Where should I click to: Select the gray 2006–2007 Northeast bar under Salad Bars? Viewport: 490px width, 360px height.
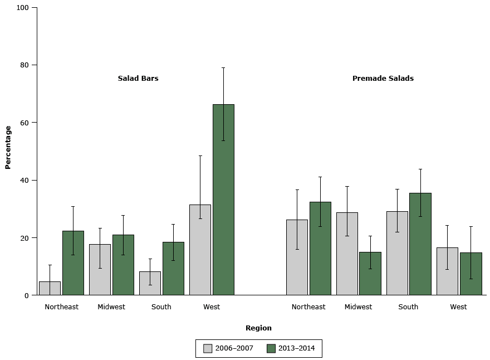[50, 288]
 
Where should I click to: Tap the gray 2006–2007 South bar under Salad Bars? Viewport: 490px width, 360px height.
[150, 283]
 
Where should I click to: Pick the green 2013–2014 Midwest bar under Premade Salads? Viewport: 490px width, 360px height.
[370, 274]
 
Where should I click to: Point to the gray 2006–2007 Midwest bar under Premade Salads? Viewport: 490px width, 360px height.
[347, 254]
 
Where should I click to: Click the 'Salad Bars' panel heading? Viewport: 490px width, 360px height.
[138, 79]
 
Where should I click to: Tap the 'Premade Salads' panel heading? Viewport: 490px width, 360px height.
[383, 79]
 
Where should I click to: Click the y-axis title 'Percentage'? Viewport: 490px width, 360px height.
[8, 147]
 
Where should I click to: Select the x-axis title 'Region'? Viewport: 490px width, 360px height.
[258, 328]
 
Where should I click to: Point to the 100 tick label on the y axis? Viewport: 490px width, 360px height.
[22, 8]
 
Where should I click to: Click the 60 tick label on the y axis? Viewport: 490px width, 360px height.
[24, 123]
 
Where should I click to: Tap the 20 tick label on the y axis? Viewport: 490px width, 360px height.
[24, 237]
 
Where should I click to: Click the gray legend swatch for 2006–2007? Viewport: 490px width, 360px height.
[208, 348]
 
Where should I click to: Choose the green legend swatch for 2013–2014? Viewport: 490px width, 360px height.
[271, 348]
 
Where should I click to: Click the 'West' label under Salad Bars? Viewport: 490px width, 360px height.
[212, 307]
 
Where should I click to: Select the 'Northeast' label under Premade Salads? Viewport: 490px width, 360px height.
[308, 307]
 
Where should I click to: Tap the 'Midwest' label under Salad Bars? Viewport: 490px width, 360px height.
[111, 307]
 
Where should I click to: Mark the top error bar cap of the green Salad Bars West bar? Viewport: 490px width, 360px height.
[223, 68]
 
